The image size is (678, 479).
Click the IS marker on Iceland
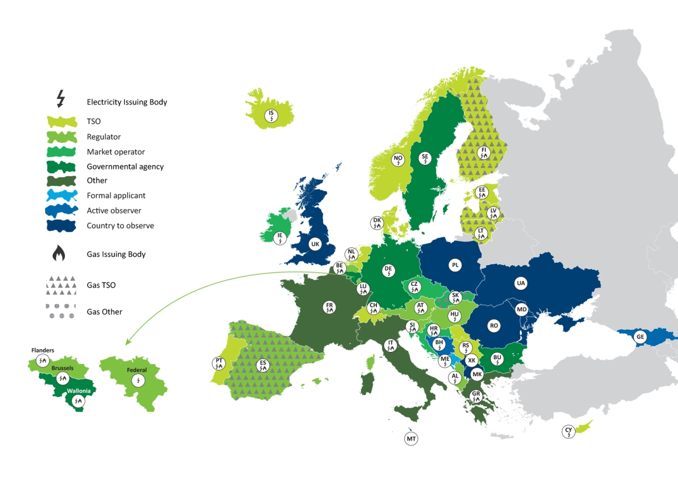[272, 116]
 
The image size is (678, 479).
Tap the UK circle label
[315, 244]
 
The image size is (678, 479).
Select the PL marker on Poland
[455, 264]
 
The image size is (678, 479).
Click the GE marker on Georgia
[640, 336]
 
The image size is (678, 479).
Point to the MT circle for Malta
[411, 438]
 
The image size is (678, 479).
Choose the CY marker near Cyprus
[568, 432]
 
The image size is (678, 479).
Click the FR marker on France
[329, 307]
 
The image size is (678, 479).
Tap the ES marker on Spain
[263, 364]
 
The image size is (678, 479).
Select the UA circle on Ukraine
[520, 282]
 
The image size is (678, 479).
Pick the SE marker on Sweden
[425, 158]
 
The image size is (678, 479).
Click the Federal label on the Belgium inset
[137, 371]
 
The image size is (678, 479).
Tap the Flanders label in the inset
[42, 350]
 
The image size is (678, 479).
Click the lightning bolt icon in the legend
[61, 99]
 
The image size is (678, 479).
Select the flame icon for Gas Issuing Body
[59, 254]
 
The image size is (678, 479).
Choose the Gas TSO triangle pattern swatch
[60, 285]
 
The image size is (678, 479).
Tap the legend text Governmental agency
[125, 167]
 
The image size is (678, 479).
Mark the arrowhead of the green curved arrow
[128, 342]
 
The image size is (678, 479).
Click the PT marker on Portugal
[219, 363]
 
